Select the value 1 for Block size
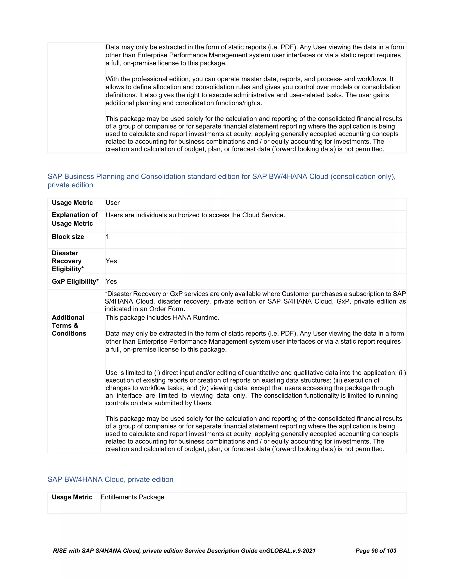coord(107,237)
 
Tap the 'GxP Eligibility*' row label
coord(75,281)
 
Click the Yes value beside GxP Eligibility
coord(111,281)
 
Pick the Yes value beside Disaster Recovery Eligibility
coord(111,261)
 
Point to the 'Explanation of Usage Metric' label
coord(75,219)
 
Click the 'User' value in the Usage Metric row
coord(112,203)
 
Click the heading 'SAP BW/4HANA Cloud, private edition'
coord(110,479)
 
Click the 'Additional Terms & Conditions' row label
coord(69,326)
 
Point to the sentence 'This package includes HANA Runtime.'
coord(162,318)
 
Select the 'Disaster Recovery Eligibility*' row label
coord(68,261)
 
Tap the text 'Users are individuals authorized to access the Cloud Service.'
coord(195,215)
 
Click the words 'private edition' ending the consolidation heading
coord(70,185)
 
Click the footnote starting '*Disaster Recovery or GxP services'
coord(255,301)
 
